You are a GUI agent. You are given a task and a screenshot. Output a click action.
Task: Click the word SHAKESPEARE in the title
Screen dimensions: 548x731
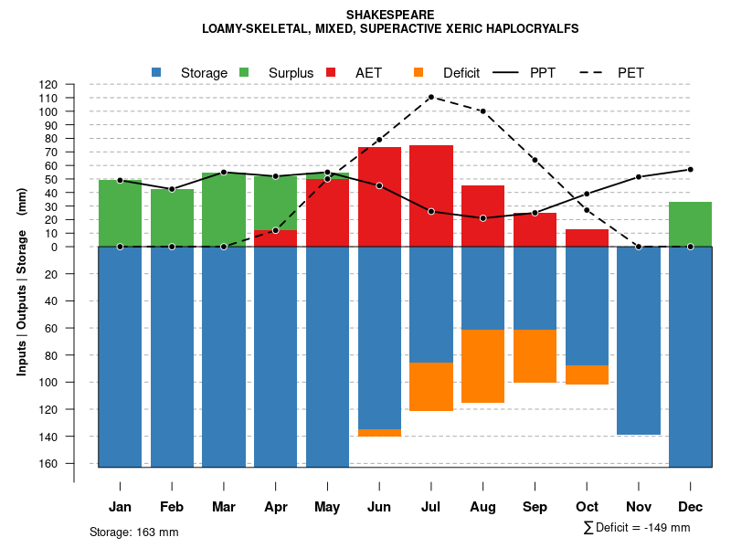(x=390, y=15)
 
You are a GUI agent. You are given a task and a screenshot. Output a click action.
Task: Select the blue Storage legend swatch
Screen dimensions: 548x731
(x=157, y=72)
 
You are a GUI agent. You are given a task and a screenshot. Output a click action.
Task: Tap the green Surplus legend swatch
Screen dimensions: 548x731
(x=244, y=72)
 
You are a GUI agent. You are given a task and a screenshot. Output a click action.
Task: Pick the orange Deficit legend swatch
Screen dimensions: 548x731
(x=418, y=72)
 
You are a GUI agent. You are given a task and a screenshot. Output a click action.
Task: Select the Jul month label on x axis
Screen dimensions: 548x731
(x=431, y=507)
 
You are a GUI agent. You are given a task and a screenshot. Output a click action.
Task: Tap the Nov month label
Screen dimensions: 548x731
(x=638, y=507)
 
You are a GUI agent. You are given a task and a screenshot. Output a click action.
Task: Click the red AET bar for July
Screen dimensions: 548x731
(x=431, y=195)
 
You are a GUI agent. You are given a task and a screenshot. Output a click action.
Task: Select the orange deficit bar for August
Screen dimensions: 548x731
(x=482, y=365)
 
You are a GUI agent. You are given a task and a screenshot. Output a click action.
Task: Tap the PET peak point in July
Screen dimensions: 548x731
(x=431, y=97)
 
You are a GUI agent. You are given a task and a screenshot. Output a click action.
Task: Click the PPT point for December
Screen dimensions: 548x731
(x=690, y=169)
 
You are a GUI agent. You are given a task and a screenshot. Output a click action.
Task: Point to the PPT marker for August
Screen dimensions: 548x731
(x=482, y=218)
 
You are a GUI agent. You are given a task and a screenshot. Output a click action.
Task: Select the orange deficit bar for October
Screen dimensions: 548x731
(x=587, y=374)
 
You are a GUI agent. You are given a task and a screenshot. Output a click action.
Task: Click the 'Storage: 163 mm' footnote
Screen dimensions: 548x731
(x=134, y=532)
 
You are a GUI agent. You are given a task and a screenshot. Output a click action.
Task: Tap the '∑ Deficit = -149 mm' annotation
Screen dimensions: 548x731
(x=636, y=528)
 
